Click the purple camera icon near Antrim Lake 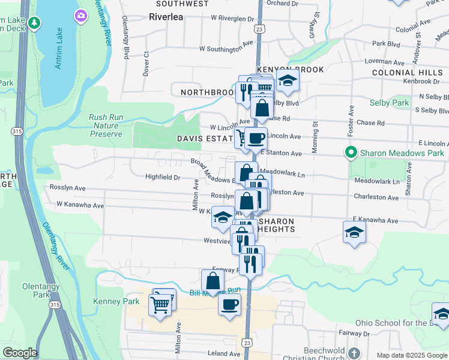[80, 16]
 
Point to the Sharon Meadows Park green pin [349, 153]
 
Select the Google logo [20, 352]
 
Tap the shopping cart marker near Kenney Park [160, 305]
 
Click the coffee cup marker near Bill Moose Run [229, 305]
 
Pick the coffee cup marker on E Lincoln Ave [256, 139]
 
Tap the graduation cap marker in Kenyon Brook [288, 82]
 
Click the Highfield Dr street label [163, 177]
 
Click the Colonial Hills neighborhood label [406, 72]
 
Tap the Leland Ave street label [223, 353]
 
